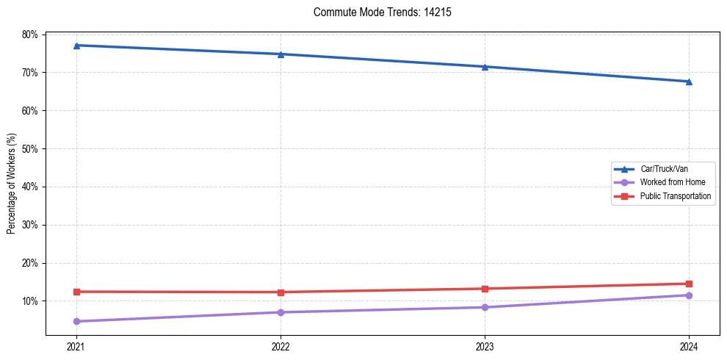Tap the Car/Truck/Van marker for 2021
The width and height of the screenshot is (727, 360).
(76, 46)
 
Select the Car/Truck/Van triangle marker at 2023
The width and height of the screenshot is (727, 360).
(485, 67)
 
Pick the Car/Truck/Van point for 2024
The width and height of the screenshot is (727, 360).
(689, 82)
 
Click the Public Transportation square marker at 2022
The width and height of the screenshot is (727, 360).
(281, 292)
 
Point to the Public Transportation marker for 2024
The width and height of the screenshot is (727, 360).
(689, 284)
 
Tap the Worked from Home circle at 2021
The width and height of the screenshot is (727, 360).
(76, 321)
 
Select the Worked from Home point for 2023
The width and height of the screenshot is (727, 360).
(485, 307)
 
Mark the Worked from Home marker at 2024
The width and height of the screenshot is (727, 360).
(689, 295)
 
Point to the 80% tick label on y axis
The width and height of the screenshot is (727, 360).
(30, 35)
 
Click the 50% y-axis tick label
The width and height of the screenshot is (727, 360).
(30, 148)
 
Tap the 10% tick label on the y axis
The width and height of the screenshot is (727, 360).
(30, 301)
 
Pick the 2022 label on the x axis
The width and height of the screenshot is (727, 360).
(281, 345)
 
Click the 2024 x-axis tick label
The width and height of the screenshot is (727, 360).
(689, 345)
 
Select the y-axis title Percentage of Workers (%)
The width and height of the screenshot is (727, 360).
(11, 184)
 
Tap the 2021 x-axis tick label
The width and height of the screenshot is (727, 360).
(76, 345)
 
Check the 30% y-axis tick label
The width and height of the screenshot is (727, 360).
(30, 225)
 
